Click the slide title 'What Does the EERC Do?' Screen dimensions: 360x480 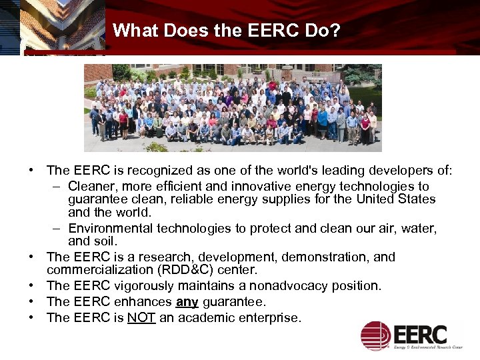pos(227,31)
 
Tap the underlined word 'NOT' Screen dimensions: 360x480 pos(141,318)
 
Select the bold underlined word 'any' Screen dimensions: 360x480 pos(187,302)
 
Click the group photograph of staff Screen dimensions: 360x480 pos(233,108)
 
